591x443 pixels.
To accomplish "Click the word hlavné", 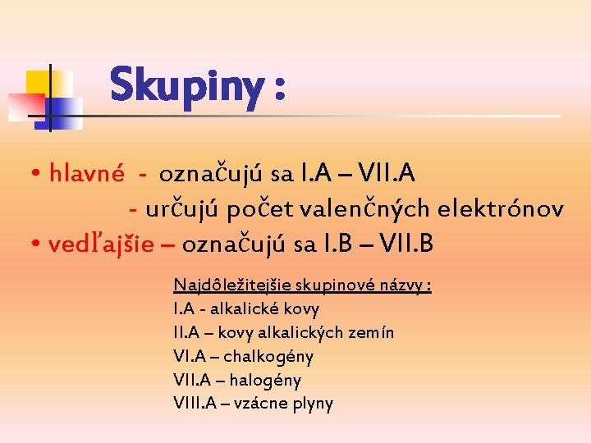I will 86,173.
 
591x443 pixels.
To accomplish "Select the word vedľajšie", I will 100,244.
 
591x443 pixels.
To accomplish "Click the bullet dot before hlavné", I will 38,175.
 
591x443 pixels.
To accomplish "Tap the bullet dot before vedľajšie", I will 38,245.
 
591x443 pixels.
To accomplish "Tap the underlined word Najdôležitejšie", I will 225,285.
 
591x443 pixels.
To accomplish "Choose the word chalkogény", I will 268,357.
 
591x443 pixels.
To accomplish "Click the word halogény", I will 265,381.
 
